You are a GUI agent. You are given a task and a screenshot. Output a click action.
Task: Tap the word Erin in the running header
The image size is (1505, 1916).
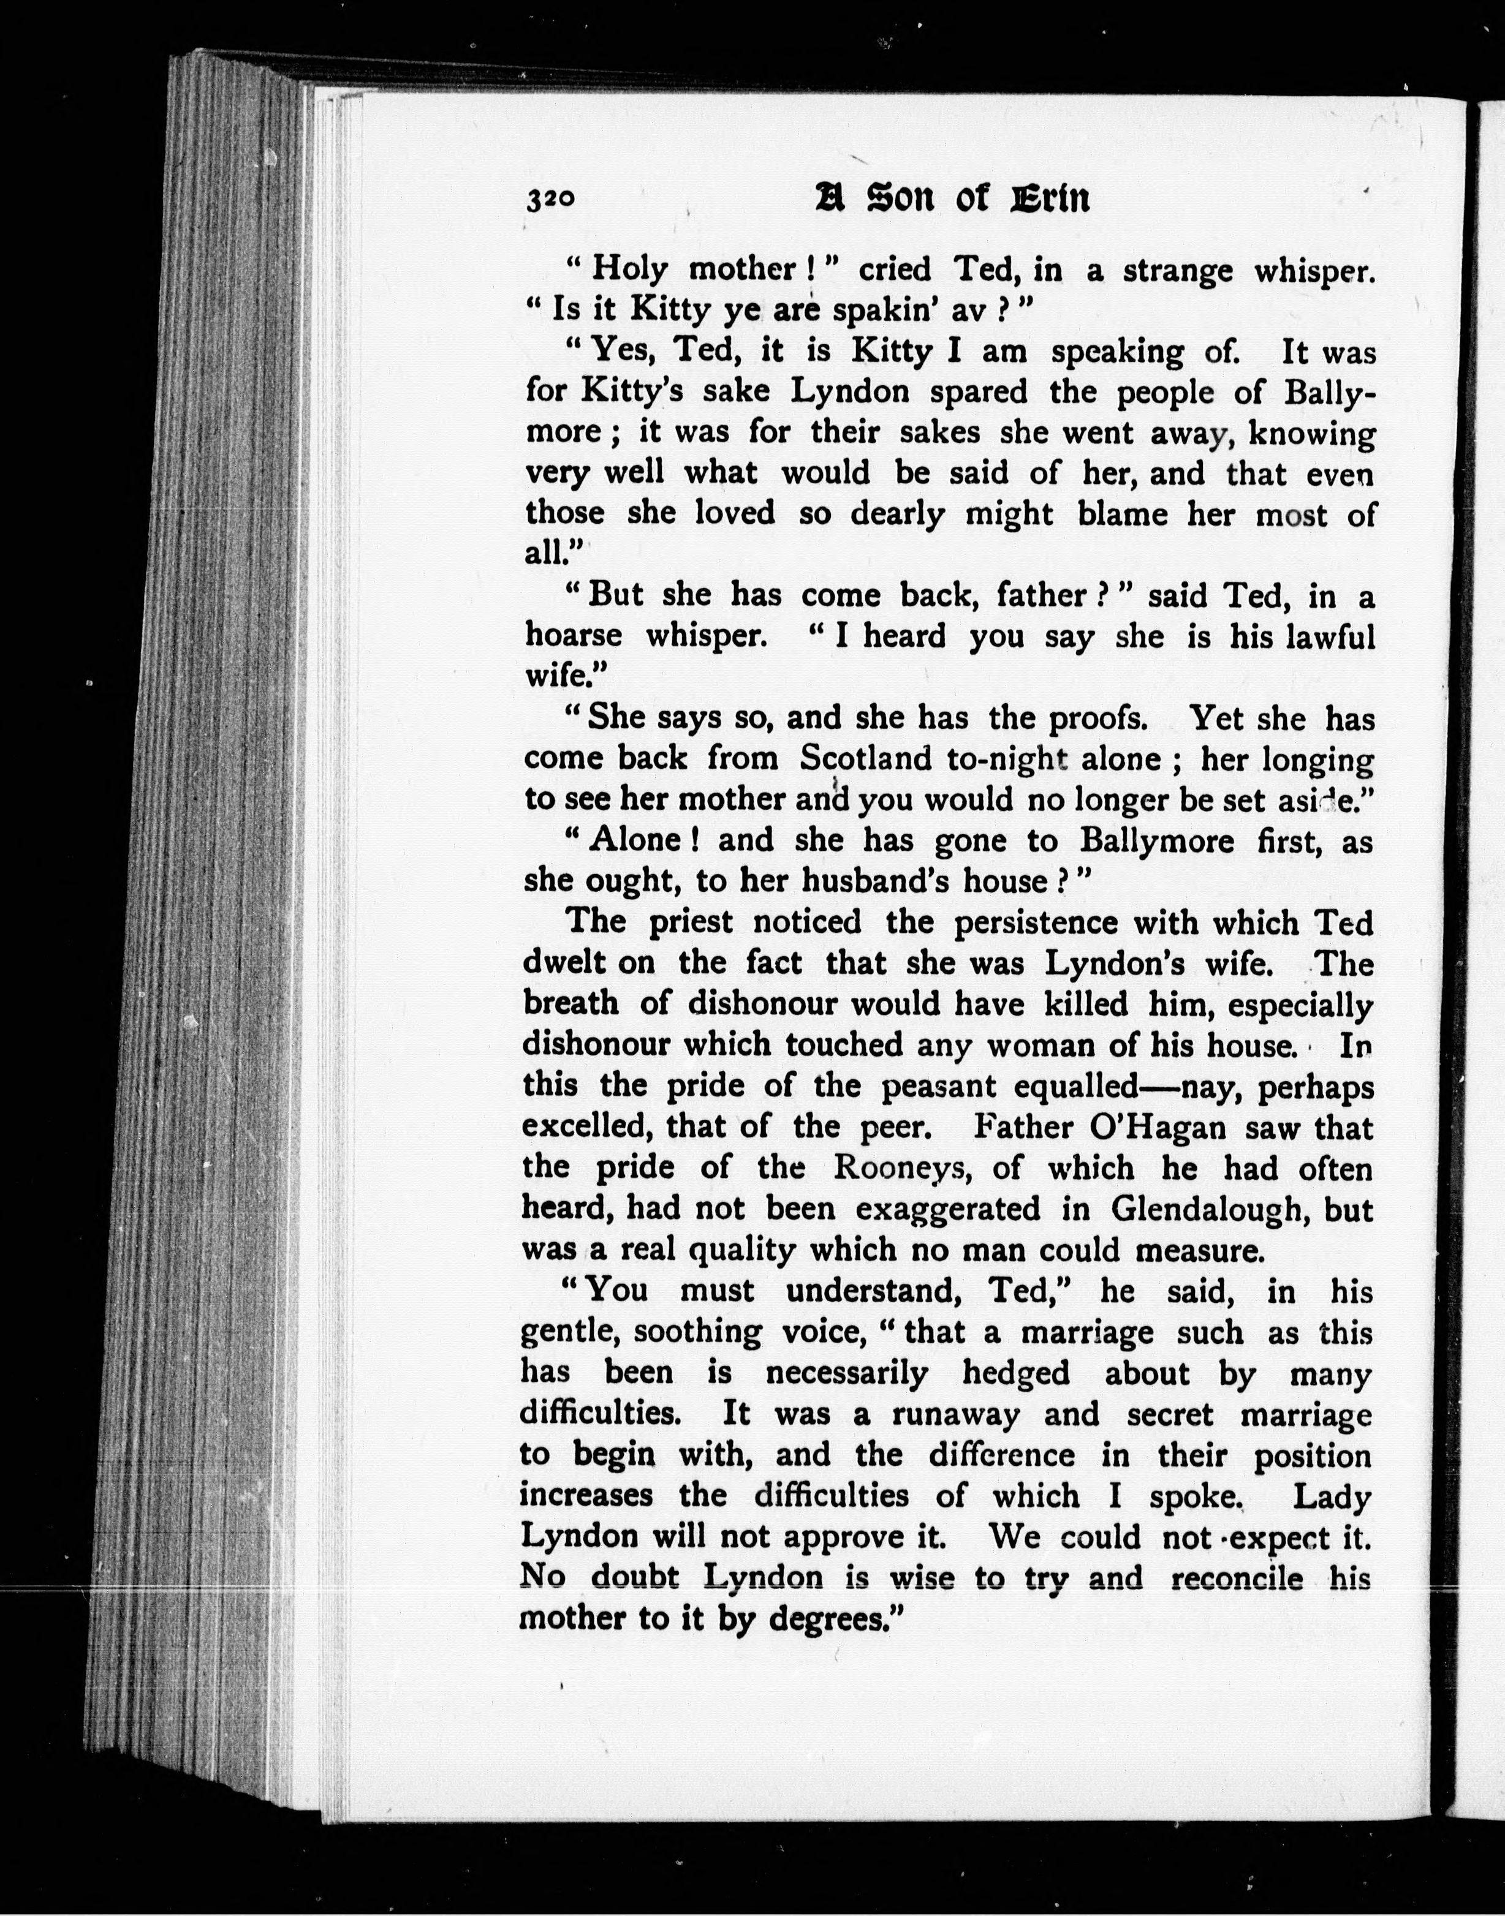1048,199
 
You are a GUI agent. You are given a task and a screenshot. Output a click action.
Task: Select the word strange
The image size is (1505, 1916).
1177,270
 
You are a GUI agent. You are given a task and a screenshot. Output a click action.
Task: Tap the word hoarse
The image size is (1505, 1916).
573,635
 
